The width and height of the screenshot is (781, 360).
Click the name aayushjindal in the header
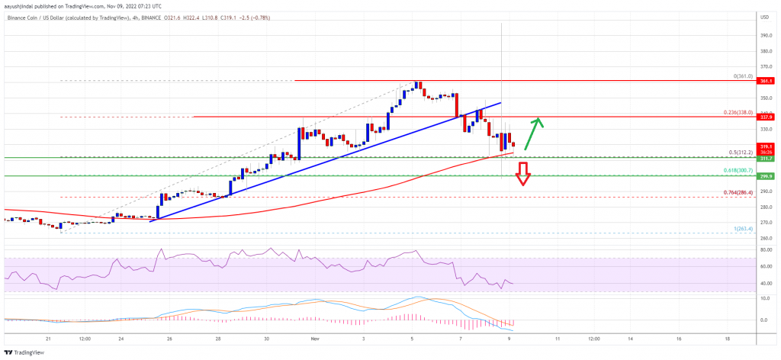25,5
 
